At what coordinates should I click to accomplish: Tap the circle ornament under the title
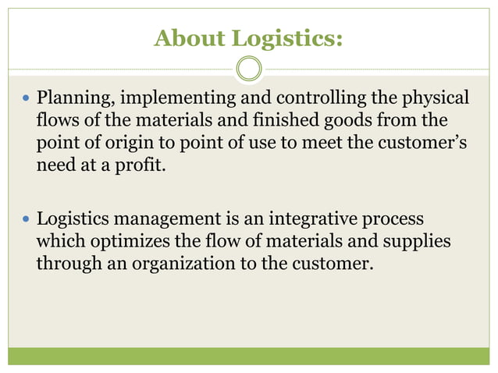click(249, 69)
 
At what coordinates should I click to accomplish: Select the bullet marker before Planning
click(26, 100)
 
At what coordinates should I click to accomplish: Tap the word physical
click(435, 99)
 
